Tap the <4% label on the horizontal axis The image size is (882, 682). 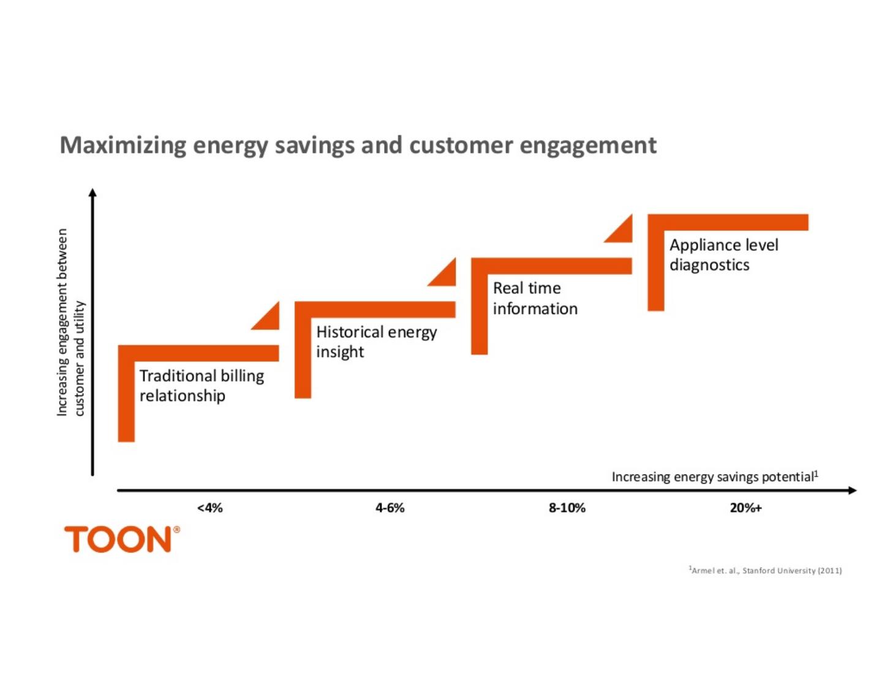(210, 508)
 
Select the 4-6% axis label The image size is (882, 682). (390, 508)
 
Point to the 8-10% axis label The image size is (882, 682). (567, 508)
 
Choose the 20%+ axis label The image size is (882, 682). (746, 508)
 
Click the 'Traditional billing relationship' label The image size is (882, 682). (202, 386)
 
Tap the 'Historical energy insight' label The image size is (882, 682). (376, 342)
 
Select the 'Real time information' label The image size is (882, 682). (535, 298)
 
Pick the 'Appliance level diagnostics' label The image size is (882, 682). (723, 255)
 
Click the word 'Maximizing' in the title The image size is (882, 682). (123, 146)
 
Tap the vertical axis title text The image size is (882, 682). (70, 323)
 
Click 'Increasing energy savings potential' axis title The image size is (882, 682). (714, 477)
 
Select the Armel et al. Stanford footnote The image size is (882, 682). (766, 571)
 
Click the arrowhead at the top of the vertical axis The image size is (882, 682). (92, 193)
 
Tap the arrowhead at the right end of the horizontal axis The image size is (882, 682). (852, 490)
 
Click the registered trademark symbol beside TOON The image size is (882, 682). (177, 530)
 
